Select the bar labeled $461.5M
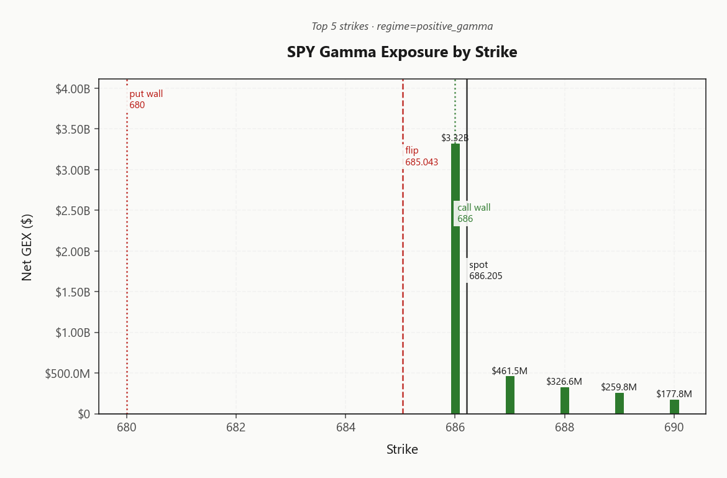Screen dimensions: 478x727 tap(510, 395)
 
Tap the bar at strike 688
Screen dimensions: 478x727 tap(565, 401)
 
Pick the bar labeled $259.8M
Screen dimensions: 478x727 tap(620, 403)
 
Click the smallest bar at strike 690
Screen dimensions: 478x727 tap(674, 407)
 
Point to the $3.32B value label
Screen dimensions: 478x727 tap(455, 138)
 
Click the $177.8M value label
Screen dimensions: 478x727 tap(674, 394)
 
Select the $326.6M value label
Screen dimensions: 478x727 tap(564, 382)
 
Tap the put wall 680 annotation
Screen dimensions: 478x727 tap(146, 99)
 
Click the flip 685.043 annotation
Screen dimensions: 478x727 tap(421, 156)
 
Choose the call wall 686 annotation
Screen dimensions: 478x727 tap(473, 213)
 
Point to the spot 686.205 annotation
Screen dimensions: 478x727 tap(485, 270)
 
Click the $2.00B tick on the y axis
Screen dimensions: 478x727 tap(73, 252)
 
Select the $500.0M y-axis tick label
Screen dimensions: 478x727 tap(68, 374)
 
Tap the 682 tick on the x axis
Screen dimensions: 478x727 tap(236, 428)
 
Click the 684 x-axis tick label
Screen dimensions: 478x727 tap(345, 428)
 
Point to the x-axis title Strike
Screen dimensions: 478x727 tap(402, 449)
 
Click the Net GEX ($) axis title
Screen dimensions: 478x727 tap(27, 247)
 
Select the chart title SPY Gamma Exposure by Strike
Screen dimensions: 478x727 tap(402, 52)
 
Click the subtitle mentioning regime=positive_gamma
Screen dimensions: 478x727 tap(402, 26)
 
